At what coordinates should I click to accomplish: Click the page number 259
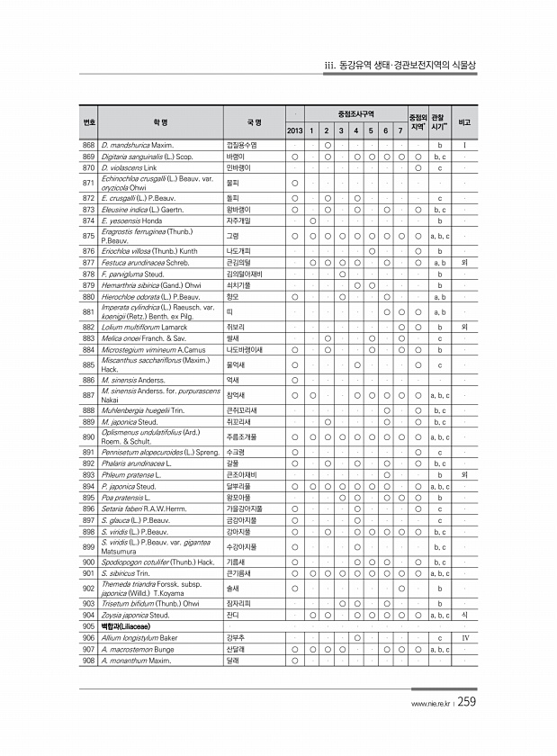470,703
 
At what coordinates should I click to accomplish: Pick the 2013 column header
295,131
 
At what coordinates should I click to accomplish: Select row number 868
89,145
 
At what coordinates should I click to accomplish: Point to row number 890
89,436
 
